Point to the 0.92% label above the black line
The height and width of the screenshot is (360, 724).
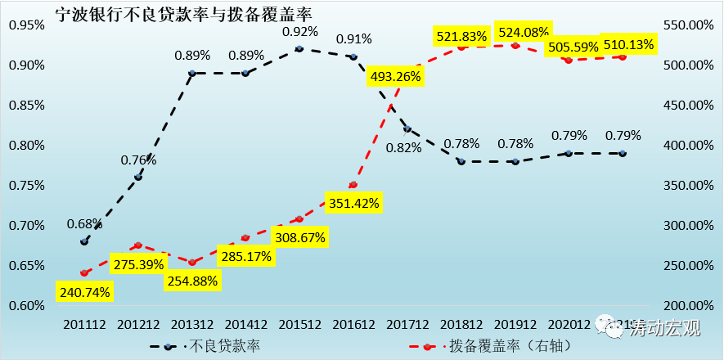[299, 32]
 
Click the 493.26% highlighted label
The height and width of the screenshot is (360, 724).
[394, 77]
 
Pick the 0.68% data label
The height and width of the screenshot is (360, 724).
[84, 223]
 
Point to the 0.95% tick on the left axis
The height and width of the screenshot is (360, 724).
[25, 25]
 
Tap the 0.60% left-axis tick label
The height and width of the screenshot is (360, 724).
[25, 306]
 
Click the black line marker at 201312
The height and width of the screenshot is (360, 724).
[192, 74]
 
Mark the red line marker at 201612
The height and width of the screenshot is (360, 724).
[353, 185]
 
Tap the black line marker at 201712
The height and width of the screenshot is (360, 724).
[407, 129]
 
